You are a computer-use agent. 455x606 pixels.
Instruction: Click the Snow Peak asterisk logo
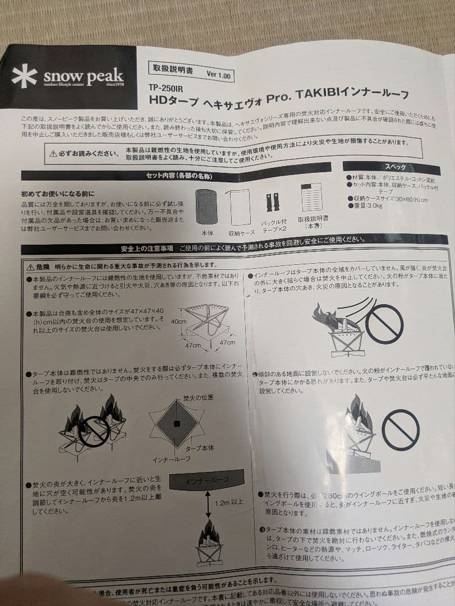[x=24, y=76]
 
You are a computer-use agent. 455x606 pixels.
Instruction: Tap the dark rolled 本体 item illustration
[x=206, y=207]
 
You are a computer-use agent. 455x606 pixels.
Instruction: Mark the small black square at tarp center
[x=178, y=423]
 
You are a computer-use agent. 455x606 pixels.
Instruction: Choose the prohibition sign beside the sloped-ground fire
[x=400, y=429]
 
